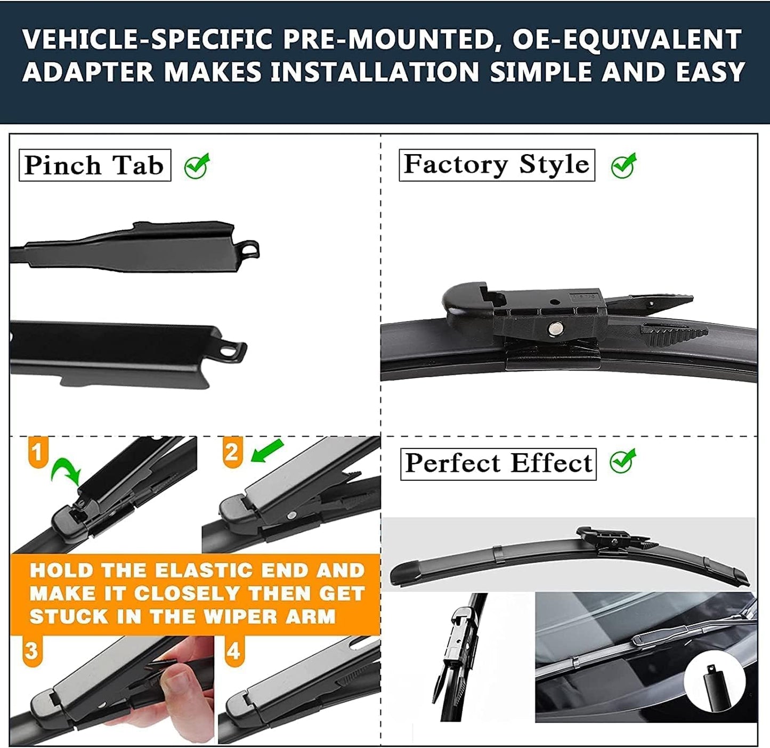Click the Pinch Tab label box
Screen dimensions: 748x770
(x=95, y=165)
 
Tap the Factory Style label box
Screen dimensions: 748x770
(x=497, y=165)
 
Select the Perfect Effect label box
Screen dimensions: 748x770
(x=498, y=463)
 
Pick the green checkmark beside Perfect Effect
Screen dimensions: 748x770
(x=623, y=461)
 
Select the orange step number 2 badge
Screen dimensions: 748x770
(x=232, y=452)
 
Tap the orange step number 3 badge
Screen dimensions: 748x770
(x=32, y=651)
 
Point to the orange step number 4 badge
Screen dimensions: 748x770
(x=233, y=651)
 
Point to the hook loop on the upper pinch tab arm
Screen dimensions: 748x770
(x=249, y=249)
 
